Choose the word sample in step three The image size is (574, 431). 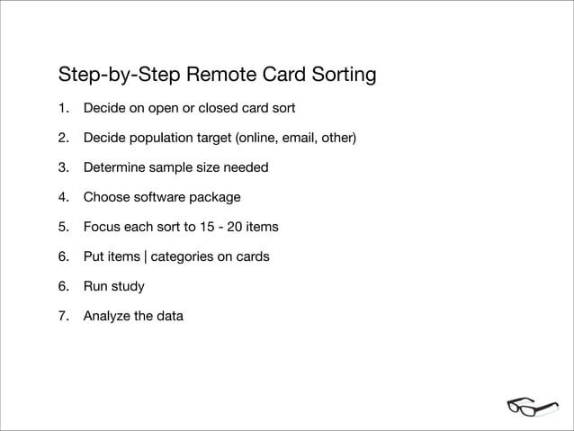point(172,168)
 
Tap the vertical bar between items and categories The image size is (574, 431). point(145,257)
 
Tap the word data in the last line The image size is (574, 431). point(169,317)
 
